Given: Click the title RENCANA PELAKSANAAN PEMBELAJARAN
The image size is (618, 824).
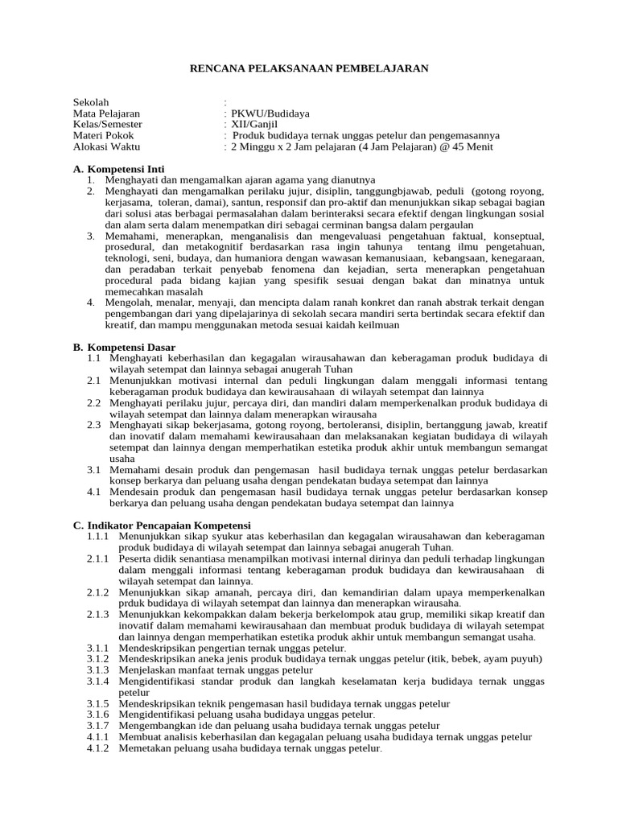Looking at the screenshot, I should tap(309, 68).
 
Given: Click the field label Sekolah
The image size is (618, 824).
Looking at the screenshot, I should tap(90, 102).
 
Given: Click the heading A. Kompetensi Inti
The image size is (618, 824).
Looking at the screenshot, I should tap(118, 169).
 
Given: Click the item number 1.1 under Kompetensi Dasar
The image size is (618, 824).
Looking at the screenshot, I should tap(94, 357).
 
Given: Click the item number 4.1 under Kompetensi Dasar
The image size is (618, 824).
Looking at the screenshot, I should tap(94, 492).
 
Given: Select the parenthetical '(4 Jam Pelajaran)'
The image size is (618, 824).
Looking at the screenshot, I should tap(379, 147).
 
